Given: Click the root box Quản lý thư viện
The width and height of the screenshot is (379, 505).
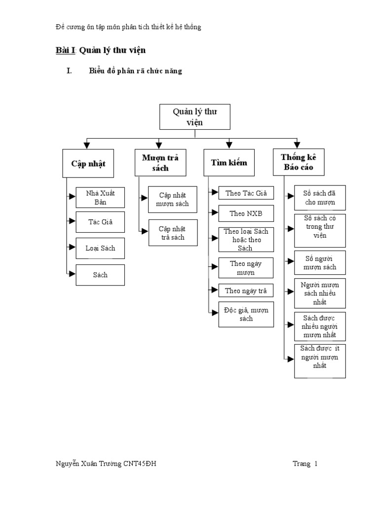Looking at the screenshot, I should [x=195, y=117].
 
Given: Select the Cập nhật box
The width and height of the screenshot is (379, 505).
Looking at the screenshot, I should [x=88, y=163].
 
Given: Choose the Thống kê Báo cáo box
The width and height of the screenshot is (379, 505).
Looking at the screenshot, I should [x=298, y=163].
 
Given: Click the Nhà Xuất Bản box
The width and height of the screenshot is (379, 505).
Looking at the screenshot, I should [x=100, y=197].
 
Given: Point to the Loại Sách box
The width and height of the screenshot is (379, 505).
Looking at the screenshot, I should [x=100, y=248].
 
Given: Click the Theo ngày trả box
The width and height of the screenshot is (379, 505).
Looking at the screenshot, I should [x=246, y=290].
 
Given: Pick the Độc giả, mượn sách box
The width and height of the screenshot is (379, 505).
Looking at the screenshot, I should [x=246, y=315].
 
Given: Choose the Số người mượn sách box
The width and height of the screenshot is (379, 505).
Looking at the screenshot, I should [x=320, y=263].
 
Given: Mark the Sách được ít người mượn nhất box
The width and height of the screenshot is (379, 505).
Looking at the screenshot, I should [x=320, y=361].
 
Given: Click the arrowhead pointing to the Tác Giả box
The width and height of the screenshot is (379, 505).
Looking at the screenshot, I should [x=72, y=222].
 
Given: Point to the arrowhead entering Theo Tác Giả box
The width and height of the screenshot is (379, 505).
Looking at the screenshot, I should [x=215, y=193].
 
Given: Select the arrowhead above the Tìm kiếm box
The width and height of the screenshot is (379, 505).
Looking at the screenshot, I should [x=229, y=145].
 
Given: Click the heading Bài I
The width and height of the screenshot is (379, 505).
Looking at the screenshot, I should [x=64, y=50].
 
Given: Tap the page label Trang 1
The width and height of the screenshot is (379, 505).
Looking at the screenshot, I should [x=305, y=464].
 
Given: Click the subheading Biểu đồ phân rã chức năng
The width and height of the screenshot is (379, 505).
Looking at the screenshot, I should [x=136, y=71].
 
